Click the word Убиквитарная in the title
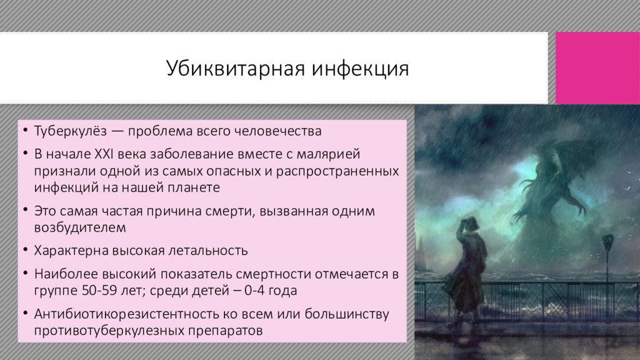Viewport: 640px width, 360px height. (x=236, y=68)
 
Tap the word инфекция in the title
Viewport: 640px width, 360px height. (x=361, y=68)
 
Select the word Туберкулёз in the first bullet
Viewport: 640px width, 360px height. (x=70, y=131)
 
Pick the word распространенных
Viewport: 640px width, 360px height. (x=337, y=171)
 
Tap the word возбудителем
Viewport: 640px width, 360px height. (x=80, y=227)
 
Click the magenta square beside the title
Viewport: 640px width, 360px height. (x=597, y=68)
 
